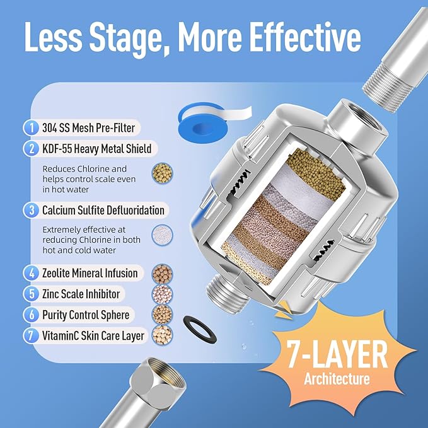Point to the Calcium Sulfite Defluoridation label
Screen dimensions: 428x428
click(103, 210)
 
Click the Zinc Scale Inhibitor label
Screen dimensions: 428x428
click(81, 294)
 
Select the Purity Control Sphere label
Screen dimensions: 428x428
click(86, 315)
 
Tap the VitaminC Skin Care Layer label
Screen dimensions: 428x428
click(94, 335)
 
